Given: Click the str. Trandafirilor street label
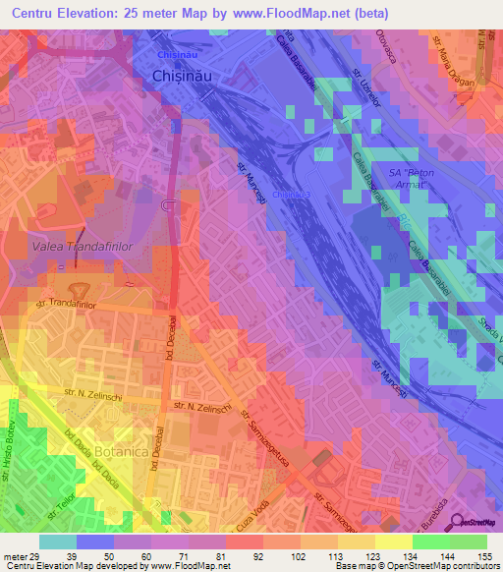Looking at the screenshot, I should coord(70,305).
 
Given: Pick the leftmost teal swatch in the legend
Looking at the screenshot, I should coord(58,542).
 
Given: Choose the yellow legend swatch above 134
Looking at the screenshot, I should coord(394,542).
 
